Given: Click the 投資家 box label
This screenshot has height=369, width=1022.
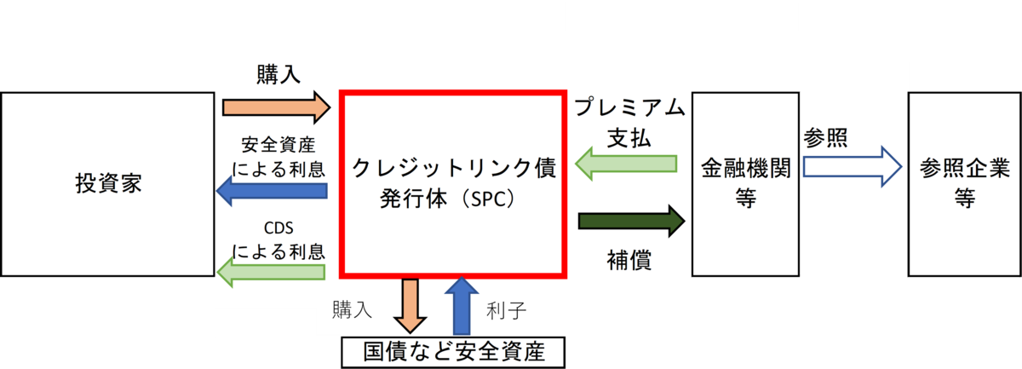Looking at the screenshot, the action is [x=109, y=184].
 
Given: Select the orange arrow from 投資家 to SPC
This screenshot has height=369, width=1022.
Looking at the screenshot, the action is [x=277, y=107].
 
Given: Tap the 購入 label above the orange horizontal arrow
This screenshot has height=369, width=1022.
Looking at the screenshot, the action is [x=278, y=74].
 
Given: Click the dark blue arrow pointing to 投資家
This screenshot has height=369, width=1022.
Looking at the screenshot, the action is [x=272, y=190].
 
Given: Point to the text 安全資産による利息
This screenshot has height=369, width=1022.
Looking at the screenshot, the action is [x=278, y=157].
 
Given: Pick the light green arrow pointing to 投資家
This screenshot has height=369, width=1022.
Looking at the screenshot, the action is [x=271, y=272].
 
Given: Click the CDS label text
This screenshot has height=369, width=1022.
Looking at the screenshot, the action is [x=278, y=228].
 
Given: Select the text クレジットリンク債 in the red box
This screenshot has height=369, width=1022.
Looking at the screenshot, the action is [x=454, y=168].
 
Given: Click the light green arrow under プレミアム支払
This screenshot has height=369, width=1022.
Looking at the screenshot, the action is [x=625, y=164].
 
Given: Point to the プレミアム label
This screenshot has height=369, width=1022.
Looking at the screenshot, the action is [x=629, y=107].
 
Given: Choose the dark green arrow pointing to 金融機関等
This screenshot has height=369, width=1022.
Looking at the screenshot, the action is [x=631, y=221].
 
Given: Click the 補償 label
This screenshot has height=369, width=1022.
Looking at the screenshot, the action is [x=629, y=260].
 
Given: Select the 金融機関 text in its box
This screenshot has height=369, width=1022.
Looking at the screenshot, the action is [x=745, y=168].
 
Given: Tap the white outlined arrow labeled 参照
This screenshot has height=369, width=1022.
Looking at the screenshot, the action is [x=853, y=167].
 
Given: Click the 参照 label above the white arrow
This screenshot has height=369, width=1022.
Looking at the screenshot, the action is [x=825, y=137].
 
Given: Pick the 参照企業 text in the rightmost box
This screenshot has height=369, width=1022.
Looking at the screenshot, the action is [x=964, y=168].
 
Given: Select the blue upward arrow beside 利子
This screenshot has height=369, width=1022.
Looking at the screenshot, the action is [x=462, y=306].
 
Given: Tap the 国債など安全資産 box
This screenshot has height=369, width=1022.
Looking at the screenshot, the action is [x=453, y=353].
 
